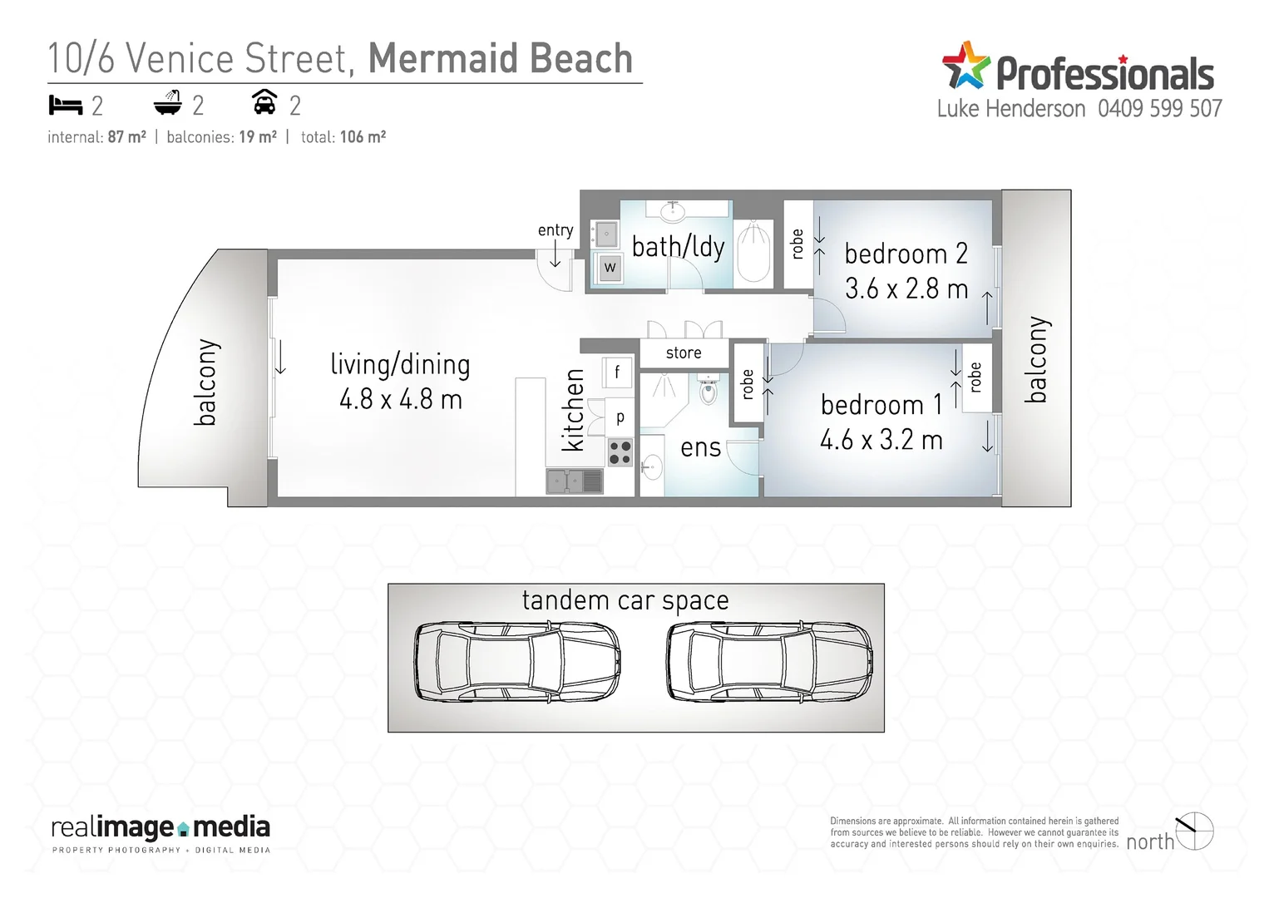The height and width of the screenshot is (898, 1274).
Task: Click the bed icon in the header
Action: point(65,106)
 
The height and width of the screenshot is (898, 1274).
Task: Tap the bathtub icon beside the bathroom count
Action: point(167,103)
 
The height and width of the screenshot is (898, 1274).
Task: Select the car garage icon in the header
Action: point(264,102)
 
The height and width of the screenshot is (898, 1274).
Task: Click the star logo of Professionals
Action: point(965,66)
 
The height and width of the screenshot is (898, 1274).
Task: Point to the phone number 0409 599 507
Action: point(1159,109)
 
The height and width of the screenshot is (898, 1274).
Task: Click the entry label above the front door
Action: point(555,230)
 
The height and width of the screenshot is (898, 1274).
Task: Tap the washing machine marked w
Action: point(610,267)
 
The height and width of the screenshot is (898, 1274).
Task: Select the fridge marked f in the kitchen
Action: point(617,372)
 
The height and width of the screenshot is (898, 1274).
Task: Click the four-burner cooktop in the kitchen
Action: point(620,452)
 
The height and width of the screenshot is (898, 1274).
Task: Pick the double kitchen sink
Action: point(574,481)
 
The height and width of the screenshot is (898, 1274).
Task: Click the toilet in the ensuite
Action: point(708,390)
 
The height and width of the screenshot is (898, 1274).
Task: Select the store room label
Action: point(684,353)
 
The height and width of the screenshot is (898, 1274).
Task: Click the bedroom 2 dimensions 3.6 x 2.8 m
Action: point(906,289)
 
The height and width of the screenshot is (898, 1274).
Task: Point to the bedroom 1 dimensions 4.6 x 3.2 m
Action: point(881,440)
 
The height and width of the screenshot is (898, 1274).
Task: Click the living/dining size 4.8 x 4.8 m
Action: point(400,400)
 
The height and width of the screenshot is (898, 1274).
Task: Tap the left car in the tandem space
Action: point(516,661)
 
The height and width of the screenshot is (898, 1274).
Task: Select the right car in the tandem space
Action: point(769,661)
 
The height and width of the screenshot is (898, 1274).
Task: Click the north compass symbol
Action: point(1195,831)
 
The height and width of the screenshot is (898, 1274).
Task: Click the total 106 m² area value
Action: point(363,137)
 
